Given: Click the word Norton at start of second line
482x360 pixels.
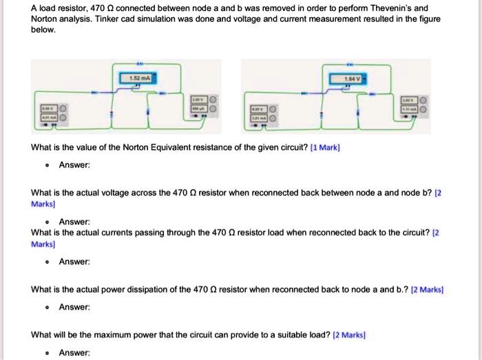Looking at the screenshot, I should [45, 19].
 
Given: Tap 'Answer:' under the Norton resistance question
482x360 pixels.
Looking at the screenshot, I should [74, 165].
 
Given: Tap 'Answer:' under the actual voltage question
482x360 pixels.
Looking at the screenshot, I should [74, 222].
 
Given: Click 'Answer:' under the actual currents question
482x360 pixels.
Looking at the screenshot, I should [74, 262].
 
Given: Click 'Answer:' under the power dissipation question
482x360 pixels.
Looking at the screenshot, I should [74, 307].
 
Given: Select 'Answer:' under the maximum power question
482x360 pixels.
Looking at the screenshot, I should [74, 352].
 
